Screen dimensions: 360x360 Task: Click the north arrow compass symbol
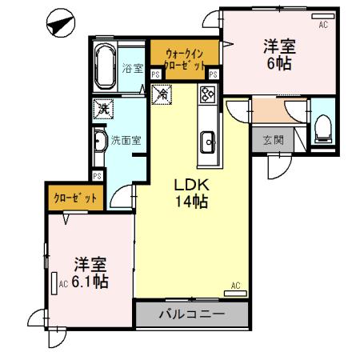[58, 24]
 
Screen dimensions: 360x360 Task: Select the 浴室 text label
[133, 69]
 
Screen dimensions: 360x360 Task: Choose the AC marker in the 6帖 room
[324, 25]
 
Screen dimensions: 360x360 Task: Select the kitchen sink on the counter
[209, 142]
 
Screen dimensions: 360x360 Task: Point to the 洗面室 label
[126, 139]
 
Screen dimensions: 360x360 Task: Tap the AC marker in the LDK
[236, 286]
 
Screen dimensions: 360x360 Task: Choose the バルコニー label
[191, 314]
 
